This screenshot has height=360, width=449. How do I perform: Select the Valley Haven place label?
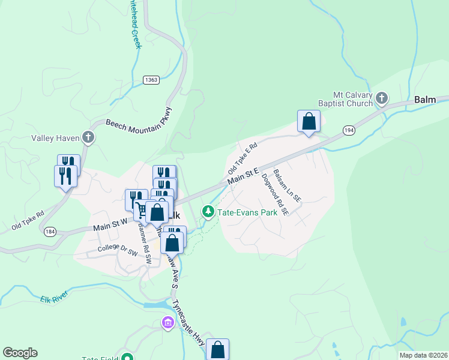click(55, 138)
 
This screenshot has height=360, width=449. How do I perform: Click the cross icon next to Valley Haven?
click(88, 138)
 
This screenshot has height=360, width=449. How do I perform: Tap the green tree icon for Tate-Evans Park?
click(208, 211)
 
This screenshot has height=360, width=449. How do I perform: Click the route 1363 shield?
click(151, 80)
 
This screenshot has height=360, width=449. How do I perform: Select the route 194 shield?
click(349, 130)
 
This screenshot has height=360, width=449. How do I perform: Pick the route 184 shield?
click(49, 232)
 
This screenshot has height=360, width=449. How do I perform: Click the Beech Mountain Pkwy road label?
click(139, 119)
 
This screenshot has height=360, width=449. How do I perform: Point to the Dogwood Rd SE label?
click(276, 194)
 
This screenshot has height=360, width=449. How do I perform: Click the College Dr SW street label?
click(118, 250)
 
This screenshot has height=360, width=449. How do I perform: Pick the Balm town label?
click(425, 100)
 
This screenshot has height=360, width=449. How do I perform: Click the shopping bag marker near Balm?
click(309, 122)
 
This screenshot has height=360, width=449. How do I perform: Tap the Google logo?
click(20, 353)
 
